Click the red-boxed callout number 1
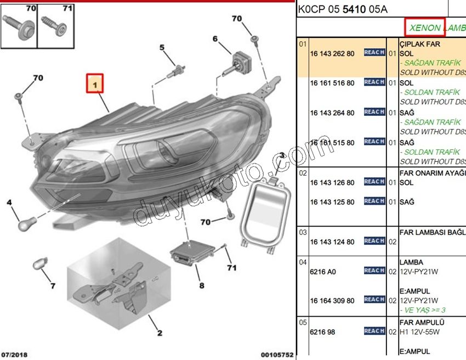pyautogui.click(x=94, y=86)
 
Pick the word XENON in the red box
pyautogui.click(x=424, y=27)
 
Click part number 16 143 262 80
pyautogui.click(x=332, y=53)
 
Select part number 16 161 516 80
pyautogui.click(x=332, y=83)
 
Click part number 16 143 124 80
pyautogui.click(x=332, y=241)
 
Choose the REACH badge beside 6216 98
pyautogui.click(x=374, y=330)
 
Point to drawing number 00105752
pyautogui.click(x=277, y=355)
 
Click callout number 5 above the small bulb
pyautogui.click(x=162, y=48)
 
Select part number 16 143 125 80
pyautogui.click(x=332, y=202)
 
